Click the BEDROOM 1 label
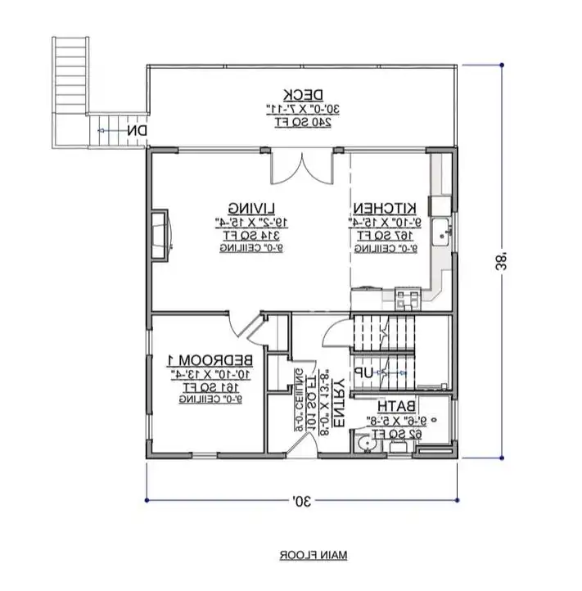pyautogui.click(x=211, y=360)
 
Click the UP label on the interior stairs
pyautogui.click(x=363, y=372)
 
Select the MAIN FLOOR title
pyautogui.click(x=313, y=555)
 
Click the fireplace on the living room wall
pyautogui.click(x=160, y=235)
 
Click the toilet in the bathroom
pyautogui.click(x=366, y=443)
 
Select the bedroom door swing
pyautogui.click(x=244, y=327)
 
